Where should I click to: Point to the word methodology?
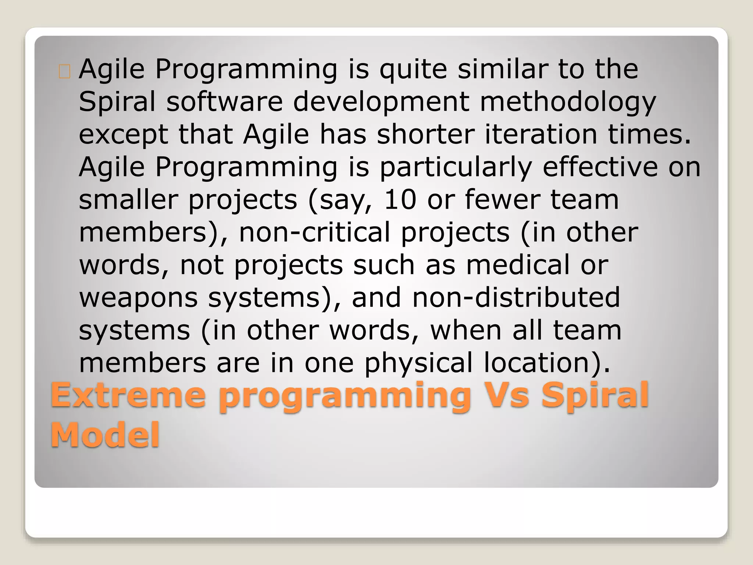(x=568, y=102)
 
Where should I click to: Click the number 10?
(x=400, y=199)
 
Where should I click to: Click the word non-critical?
(x=314, y=232)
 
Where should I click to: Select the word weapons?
(x=139, y=298)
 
